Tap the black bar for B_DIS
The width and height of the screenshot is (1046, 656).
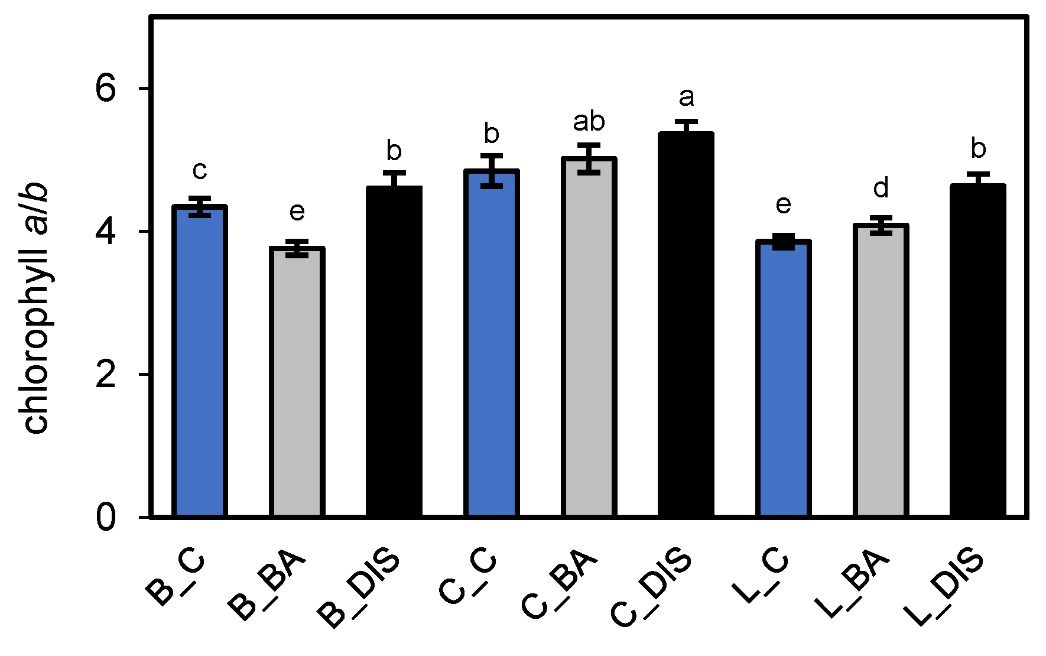[x=394, y=352]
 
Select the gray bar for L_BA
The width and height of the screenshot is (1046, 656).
[x=881, y=371]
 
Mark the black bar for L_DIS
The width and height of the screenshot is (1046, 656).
[x=978, y=350]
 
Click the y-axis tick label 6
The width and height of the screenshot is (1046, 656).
[x=106, y=89]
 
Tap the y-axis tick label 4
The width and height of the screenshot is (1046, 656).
[x=106, y=232]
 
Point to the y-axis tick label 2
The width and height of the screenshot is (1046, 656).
[x=106, y=375]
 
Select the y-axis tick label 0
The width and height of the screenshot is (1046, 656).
[x=106, y=518]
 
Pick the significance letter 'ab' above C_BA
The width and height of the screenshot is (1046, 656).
[x=589, y=122]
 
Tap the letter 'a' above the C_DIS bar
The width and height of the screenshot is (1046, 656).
[x=686, y=98]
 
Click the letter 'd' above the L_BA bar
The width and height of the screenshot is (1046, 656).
[x=881, y=189]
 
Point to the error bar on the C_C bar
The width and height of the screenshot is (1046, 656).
[x=492, y=171]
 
